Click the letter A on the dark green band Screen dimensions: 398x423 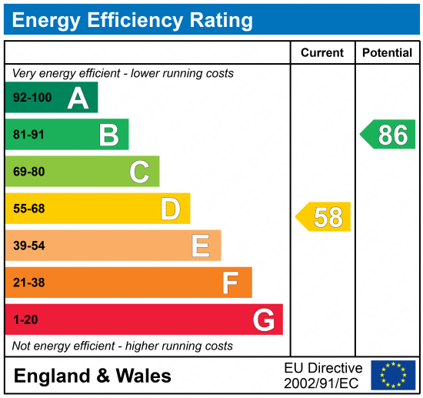pos(78,98)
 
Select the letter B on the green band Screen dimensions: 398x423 pos(108,135)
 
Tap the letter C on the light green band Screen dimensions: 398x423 pos(139,172)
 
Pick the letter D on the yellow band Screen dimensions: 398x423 pos(170,209)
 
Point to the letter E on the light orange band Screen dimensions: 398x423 pos(201,246)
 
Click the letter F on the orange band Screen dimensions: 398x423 pos(231,283)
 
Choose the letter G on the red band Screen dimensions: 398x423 pos(264,319)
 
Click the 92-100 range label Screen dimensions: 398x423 pos(31,98)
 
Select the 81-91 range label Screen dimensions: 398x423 pos(28,135)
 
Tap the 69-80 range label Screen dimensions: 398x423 pos(28,172)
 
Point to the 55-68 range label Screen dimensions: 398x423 pos(28,209)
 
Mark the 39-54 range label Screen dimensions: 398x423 pos(28,246)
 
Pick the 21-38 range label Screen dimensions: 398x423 pos(28,283)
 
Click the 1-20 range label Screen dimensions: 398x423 pos(25,319)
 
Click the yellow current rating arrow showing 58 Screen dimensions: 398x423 pos(324,217)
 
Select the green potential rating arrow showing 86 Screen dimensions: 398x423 pos(388,135)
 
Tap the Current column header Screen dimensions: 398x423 pos(322,53)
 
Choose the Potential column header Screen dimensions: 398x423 pos(387,53)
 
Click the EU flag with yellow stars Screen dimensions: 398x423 pos(393,375)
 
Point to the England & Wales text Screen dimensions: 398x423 pos(93,376)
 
